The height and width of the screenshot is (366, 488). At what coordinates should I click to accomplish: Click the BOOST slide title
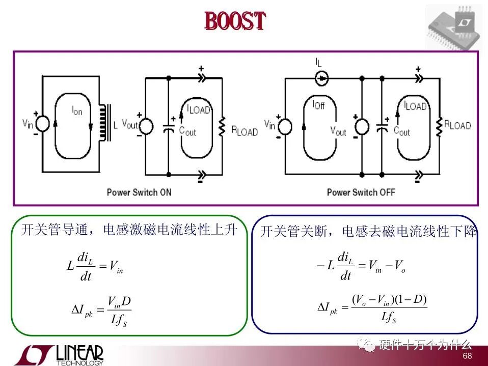(235, 21)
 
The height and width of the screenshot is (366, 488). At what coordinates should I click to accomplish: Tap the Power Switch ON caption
(139, 192)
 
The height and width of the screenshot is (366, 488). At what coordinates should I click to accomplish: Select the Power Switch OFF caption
(361, 192)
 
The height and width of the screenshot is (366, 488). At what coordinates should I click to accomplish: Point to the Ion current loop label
(76, 111)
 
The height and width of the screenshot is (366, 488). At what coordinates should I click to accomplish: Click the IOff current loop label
(318, 105)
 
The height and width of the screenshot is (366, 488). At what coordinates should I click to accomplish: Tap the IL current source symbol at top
(321, 78)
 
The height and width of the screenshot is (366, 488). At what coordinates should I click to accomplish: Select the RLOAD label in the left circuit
(245, 132)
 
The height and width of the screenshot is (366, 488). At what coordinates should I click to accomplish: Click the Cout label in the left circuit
(187, 131)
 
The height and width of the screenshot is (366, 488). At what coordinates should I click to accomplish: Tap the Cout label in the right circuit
(401, 131)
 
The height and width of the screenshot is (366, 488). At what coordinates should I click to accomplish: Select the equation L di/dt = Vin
(95, 266)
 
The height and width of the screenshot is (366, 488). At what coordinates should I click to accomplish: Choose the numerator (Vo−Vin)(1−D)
(389, 299)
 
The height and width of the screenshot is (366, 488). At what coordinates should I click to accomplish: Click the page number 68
(467, 356)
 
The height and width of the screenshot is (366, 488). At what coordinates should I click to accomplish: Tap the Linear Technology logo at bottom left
(59, 355)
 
